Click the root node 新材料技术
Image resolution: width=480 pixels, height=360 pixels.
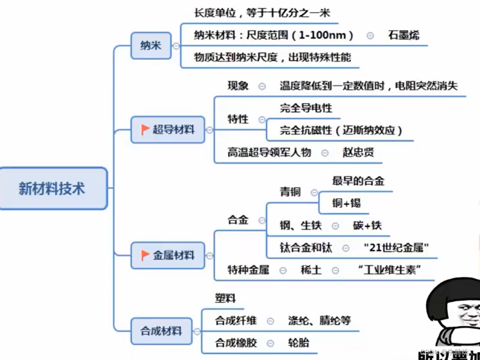click(52, 188)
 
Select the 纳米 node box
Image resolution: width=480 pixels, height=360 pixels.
click(151, 46)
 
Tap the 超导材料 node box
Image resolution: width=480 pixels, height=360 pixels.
click(168, 130)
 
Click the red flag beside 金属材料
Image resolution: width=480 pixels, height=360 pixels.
click(145, 255)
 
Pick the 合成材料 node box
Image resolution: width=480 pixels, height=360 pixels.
click(161, 331)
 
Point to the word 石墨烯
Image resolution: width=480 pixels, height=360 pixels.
click(404, 35)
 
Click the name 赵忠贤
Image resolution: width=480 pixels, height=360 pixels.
click(358, 152)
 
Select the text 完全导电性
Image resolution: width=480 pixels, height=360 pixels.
click(306, 108)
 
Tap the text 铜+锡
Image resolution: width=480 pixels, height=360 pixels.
click(346, 203)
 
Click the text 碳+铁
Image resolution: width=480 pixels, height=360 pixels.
click(367, 225)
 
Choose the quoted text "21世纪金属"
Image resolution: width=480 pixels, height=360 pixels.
click(396, 247)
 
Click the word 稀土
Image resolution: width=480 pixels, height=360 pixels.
click(311, 270)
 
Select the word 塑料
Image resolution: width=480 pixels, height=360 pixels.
click(225, 298)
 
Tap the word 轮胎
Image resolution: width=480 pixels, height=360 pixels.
click(298, 343)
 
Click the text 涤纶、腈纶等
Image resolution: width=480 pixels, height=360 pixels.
click(319, 321)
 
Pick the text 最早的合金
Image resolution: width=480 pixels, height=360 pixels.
click(358, 181)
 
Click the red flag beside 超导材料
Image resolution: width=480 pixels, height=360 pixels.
click(145, 130)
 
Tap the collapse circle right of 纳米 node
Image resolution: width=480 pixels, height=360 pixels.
click(176, 46)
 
